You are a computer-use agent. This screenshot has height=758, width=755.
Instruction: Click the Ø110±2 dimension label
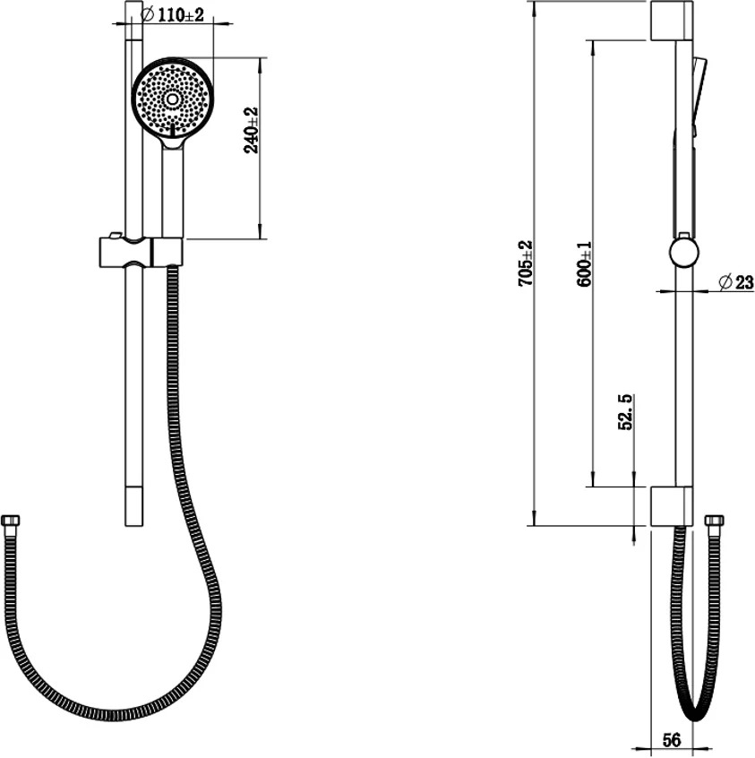[172, 15]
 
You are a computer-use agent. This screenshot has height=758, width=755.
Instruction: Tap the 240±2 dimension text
[252, 131]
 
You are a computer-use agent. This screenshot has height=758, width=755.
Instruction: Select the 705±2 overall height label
[525, 263]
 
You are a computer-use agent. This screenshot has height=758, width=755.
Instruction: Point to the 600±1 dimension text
[584, 264]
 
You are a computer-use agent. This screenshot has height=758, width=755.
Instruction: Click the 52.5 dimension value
[625, 412]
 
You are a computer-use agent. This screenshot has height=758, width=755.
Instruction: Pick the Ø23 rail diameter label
[736, 282]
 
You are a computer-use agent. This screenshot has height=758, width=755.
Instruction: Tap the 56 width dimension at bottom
[672, 740]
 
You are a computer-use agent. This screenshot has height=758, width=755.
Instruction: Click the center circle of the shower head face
[172, 99]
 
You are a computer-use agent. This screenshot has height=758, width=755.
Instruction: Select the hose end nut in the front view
[11, 521]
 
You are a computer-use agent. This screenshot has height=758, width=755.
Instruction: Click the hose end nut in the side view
[715, 521]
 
